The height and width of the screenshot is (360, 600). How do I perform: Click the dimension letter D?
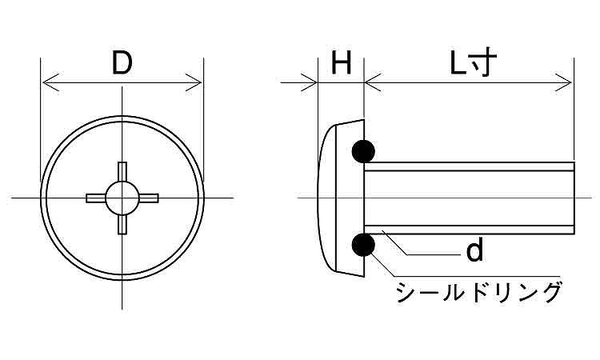pyautogui.click(x=122, y=63)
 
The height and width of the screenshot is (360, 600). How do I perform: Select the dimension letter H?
pyautogui.click(x=341, y=63)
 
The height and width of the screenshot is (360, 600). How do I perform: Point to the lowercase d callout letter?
pyautogui.click(x=474, y=250)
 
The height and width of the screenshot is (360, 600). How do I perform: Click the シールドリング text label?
pyautogui.click(x=479, y=292)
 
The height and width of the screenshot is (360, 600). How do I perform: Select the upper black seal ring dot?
pyautogui.click(x=363, y=151)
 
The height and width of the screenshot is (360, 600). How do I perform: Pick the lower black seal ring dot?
pyautogui.click(x=363, y=245)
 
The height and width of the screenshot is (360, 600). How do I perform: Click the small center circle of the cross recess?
pyautogui.click(x=122, y=198)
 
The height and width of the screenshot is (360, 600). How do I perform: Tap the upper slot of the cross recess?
pyautogui.click(x=122, y=172)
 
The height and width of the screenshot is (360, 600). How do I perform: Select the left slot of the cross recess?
pyautogui.click(x=96, y=198)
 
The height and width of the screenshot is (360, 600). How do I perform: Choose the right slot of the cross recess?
pyautogui.click(x=148, y=198)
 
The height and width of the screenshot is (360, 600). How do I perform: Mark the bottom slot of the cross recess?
pyautogui.click(x=122, y=224)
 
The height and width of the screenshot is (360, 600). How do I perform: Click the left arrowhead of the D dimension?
pyautogui.click(x=50, y=82)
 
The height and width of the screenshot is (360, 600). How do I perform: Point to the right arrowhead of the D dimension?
pyautogui.click(x=194, y=82)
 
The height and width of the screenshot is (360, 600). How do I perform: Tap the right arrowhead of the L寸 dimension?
pyautogui.click(x=564, y=82)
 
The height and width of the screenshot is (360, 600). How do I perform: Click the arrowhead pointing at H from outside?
pyautogui.click(x=309, y=82)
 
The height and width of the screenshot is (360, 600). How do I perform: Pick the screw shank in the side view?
pyautogui.click(x=469, y=198)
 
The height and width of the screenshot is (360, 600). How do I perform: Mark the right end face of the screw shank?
pyautogui.click(x=574, y=198)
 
